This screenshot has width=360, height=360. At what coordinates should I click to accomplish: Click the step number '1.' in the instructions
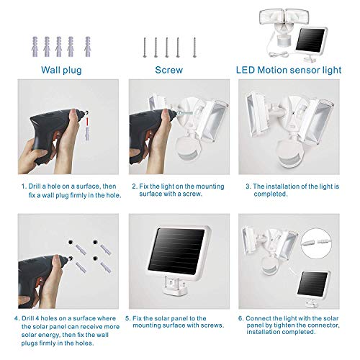click(x=22, y=186)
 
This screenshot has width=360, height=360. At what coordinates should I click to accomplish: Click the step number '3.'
click(x=248, y=186)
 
